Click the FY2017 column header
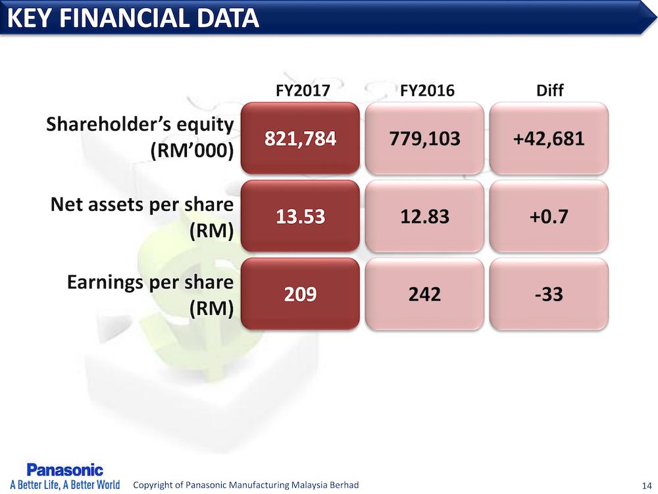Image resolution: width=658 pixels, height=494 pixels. (300, 90)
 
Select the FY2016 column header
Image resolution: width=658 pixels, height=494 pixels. (427, 90)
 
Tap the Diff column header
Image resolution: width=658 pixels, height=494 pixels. (550, 90)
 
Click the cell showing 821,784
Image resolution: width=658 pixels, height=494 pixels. (300, 139)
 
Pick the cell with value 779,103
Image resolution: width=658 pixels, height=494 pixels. (424, 139)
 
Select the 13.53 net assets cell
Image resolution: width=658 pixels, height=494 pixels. (300, 216)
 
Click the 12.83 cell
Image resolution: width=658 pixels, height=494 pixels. (424, 216)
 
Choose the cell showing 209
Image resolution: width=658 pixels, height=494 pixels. (300, 294)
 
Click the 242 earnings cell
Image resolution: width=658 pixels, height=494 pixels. (424, 294)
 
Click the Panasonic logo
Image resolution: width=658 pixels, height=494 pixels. (64, 470)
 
